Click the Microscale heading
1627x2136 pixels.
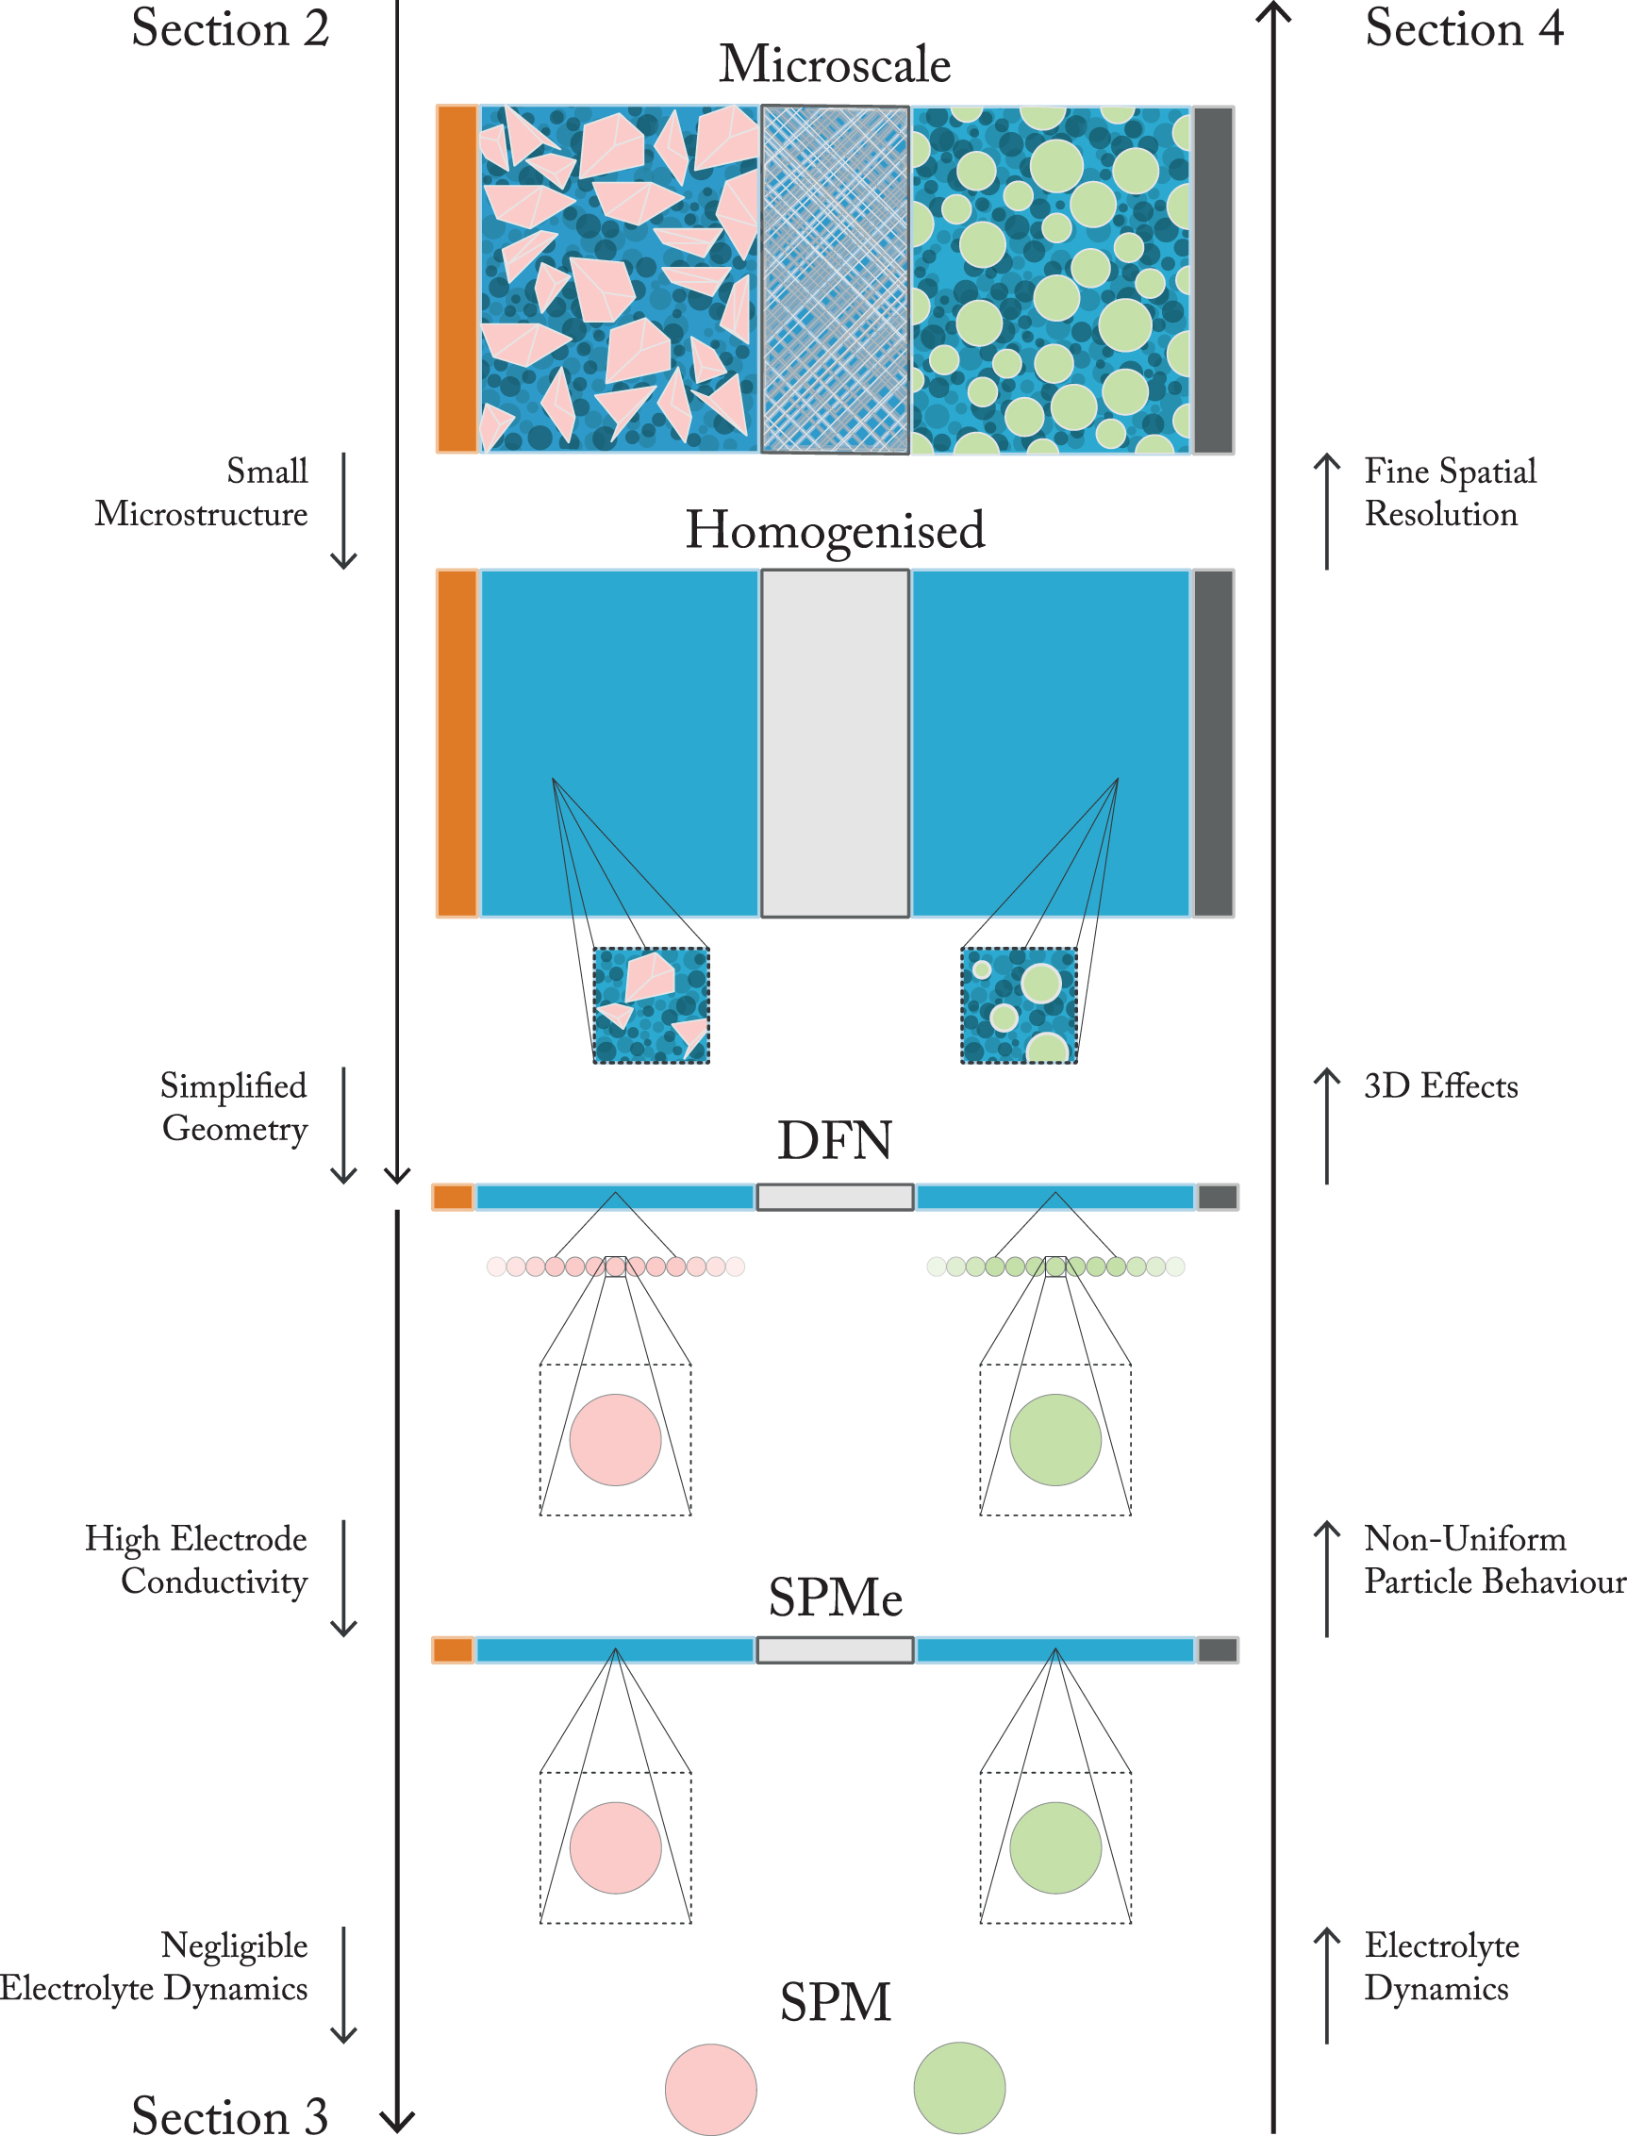coord(834,65)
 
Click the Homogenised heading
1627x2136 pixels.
coord(834,531)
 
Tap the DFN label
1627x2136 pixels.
coord(834,1141)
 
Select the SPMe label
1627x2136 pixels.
coord(835,1598)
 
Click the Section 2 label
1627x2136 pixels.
coord(230,28)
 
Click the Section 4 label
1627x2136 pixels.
coord(1463,28)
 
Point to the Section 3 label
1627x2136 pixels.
coord(230,2114)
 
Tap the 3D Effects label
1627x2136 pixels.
coord(1440,1086)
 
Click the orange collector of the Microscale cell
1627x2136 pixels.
coord(457,280)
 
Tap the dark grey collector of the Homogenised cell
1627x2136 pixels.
coord(1213,744)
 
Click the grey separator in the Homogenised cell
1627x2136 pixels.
coord(834,744)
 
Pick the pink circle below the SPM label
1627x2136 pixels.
coord(710,2089)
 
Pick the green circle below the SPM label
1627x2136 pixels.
coord(959,2088)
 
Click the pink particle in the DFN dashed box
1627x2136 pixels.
coord(615,1440)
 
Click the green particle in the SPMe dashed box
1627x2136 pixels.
coord(1054,1847)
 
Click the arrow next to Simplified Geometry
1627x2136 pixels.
coord(344,1125)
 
